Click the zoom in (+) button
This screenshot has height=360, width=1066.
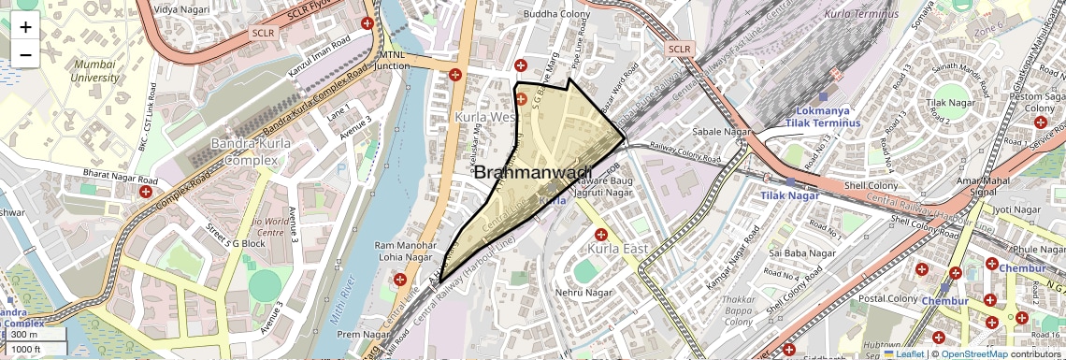(x=25, y=26)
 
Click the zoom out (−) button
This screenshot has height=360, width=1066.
(x=25, y=54)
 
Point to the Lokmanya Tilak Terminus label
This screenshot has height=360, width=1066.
(x=823, y=116)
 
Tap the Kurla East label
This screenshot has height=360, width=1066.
(x=618, y=250)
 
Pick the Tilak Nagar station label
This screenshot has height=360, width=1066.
(x=789, y=195)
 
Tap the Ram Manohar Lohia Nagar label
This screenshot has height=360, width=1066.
(x=403, y=252)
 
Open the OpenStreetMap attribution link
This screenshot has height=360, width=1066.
(x=974, y=353)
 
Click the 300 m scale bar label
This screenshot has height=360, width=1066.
(x=24, y=335)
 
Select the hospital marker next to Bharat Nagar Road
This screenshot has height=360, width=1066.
(x=146, y=192)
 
